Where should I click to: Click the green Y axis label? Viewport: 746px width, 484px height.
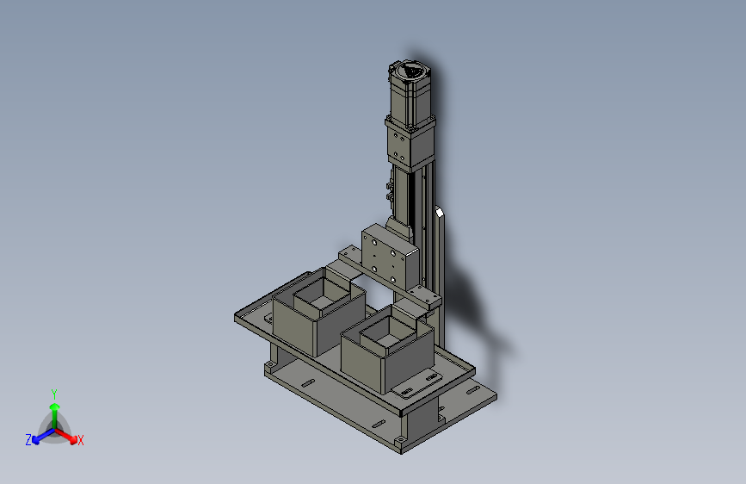[x=54, y=394]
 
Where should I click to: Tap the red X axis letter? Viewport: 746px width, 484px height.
[x=80, y=441]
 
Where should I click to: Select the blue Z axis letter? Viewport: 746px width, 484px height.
[x=28, y=440]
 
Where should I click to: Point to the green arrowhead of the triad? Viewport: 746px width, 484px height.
[x=55, y=407]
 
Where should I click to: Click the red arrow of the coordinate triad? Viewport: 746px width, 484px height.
[x=65, y=436]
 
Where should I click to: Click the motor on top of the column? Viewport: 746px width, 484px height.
[x=410, y=96]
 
